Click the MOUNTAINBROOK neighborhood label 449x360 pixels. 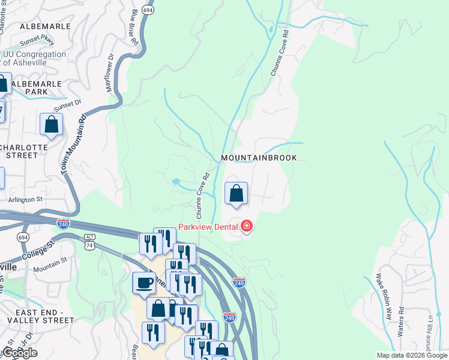tap(259, 158)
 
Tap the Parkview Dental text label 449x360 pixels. tap(208, 227)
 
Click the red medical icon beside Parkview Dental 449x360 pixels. tap(246, 226)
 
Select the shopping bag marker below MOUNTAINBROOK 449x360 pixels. tap(237, 194)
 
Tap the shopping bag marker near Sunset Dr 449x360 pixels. tap(51, 124)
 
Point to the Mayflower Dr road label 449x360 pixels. tap(110, 73)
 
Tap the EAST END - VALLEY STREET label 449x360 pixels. tap(37, 317)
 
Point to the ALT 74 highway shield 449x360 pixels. tap(90, 239)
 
